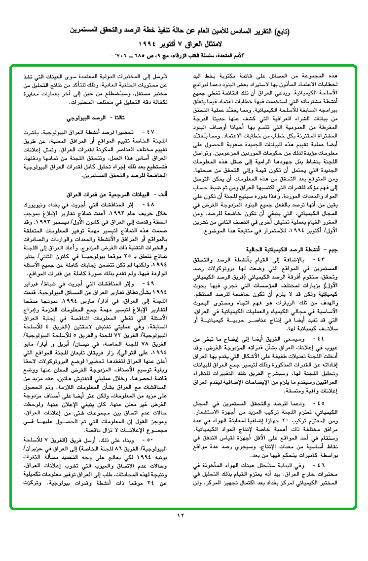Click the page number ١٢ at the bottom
pyautogui.click(x=180, y=516)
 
